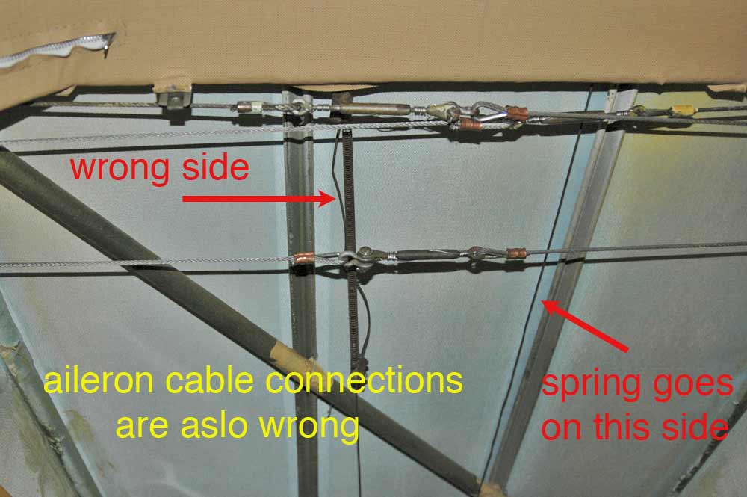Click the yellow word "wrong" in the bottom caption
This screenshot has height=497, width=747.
[x=312, y=427]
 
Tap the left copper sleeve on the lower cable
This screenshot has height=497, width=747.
[x=303, y=259]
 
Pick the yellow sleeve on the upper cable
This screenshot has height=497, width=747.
[x=681, y=111]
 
